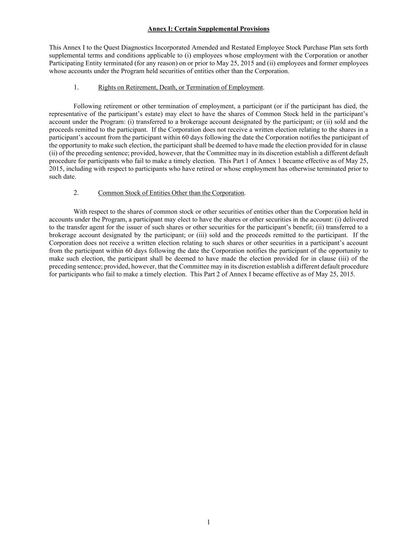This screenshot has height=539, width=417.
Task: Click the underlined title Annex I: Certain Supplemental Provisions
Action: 208,29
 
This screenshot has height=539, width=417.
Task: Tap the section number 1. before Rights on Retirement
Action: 76,87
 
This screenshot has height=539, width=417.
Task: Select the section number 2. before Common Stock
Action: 76,193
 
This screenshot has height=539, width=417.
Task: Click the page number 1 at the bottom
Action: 208,522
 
